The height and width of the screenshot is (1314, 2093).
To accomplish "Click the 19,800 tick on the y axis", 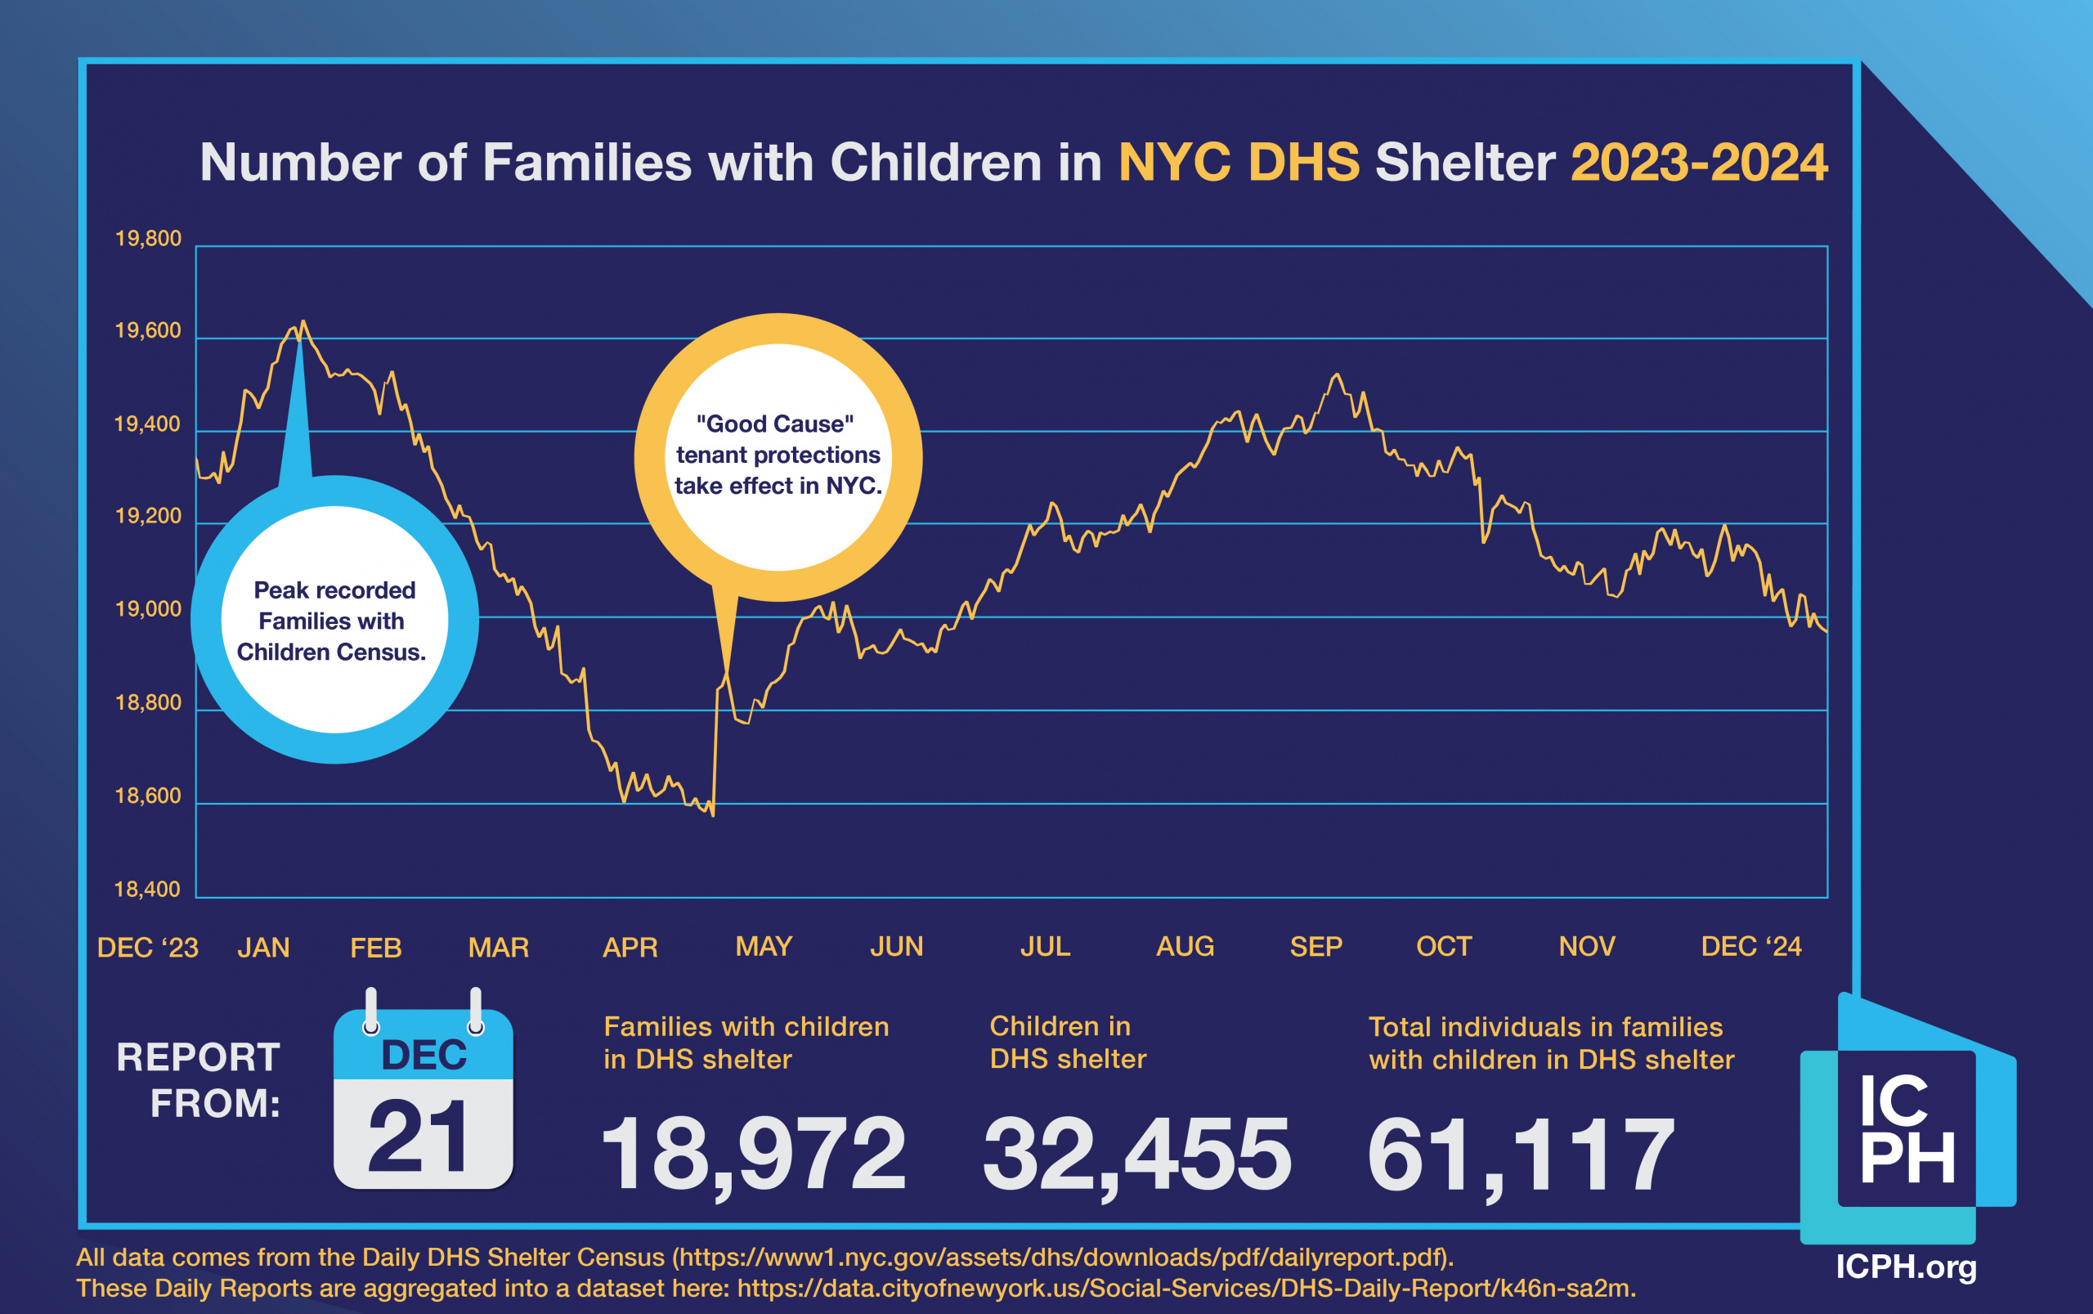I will (x=148, y=239).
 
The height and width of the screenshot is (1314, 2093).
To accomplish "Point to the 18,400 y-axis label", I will (x=148, y=889).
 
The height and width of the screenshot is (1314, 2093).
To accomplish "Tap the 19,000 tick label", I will (x=148, y=609).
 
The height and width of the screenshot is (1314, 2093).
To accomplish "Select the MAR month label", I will (x=498, y=947).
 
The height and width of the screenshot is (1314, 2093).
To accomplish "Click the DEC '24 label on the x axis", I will (x=1750, y=946).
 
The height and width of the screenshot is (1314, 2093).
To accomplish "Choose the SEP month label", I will (x=1315, y=946).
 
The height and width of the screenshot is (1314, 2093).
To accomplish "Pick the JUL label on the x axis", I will (x=1044, y=946).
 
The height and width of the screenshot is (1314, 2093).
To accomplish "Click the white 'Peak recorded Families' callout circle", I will (x=334, y=620).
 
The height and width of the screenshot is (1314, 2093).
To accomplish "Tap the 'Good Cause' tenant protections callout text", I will (x=778, y=455).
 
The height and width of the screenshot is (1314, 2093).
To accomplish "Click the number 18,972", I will (x=752, y=1154).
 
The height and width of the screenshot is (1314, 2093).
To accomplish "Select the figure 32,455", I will (x=1136, y=1154).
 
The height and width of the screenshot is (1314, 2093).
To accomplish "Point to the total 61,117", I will (x=1521, y=1154).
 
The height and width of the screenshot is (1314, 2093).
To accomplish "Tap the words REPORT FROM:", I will (x=199, y=1080).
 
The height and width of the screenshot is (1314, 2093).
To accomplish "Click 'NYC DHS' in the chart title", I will (x=1238, y=163).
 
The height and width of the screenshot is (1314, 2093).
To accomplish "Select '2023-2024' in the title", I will (x=1699, y=163).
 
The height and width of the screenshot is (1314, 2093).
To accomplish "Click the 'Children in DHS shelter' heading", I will (x=1068, y=1043).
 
